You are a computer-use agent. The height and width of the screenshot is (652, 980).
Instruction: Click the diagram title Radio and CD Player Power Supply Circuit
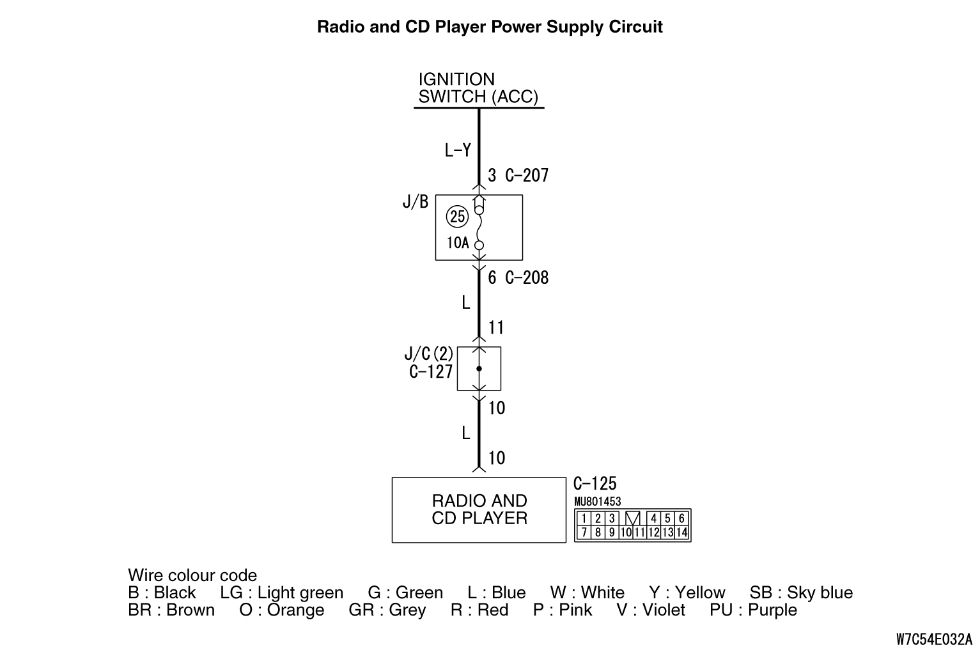pos(490,27)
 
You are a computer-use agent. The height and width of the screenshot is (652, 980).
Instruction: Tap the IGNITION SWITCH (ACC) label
pos(478,88)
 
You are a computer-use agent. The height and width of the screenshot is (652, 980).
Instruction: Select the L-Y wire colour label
pos(458,150)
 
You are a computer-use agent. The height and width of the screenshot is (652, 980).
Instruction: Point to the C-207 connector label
pos(527,175)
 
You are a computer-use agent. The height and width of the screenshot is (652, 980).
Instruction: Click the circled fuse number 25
pos(458,216)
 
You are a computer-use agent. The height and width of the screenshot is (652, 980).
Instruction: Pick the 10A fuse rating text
pos(458,243)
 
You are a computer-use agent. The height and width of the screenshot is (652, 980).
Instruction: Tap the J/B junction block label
pos(416,202)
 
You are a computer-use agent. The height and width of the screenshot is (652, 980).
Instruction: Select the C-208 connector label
pos(527,277)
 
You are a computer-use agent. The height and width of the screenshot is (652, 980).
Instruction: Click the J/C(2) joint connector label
pos(429,353)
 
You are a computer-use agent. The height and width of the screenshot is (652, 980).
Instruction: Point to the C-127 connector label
pos(432,371)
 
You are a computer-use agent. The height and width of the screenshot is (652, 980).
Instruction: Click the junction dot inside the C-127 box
pos(479,369)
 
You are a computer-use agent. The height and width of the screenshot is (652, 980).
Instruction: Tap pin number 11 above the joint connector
pos(496,328)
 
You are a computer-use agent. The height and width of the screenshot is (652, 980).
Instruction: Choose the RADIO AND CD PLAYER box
pos(479,509)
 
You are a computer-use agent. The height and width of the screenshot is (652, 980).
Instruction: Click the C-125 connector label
pos(595,484)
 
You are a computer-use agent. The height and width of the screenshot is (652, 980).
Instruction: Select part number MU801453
pos(598,502)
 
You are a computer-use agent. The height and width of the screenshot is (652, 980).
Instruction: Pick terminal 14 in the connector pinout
pos(681,532)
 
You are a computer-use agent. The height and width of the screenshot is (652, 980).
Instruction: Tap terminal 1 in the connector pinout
pos(584,518)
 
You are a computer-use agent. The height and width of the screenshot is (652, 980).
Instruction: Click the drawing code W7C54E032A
pos(934,639)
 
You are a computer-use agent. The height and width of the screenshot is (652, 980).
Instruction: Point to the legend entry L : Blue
pos(497,593)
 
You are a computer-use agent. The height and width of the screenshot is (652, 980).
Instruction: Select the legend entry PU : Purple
pos(753,610)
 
